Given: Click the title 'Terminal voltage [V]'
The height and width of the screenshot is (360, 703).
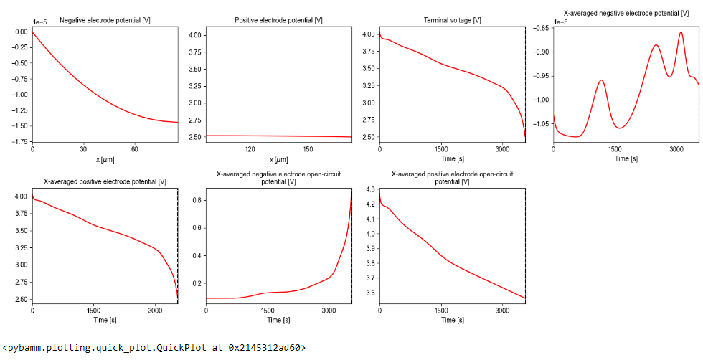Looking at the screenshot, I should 452,20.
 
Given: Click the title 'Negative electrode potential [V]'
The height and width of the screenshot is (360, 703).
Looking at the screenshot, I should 105,20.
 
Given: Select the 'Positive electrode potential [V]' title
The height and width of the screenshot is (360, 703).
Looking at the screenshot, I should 278,20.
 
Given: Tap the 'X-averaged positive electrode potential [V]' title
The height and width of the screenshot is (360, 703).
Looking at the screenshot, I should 105,181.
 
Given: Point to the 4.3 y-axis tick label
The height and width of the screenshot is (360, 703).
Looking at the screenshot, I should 369,189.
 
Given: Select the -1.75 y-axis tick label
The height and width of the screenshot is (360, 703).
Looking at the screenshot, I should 18,142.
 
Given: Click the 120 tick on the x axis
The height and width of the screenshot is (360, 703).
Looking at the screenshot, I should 250,150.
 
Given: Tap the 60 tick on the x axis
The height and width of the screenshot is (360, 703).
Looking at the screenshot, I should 135,150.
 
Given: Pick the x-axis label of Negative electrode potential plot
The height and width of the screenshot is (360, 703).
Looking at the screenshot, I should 105,159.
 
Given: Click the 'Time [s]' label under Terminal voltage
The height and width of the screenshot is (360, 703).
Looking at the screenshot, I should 452,159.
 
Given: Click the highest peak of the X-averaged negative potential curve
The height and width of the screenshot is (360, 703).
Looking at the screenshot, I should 681,32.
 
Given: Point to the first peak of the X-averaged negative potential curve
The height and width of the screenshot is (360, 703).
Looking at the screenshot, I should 601,80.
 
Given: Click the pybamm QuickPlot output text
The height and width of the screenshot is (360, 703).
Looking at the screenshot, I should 154,348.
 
